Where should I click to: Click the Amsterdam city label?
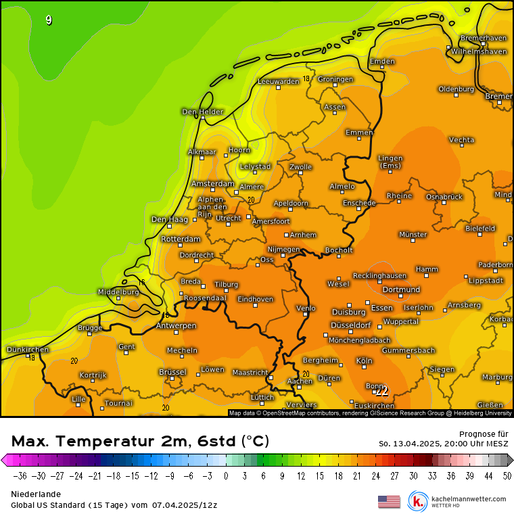coord(212,184)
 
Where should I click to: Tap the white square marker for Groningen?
coord(335,85)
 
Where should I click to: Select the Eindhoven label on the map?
coord(255,299)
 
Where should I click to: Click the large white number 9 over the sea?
coord(49,20)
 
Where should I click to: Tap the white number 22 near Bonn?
coord(382,391)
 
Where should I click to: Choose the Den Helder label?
coord(202,112)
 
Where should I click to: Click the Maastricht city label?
coord(250,372)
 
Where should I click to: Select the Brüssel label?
coord(172,372)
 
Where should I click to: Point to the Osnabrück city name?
coord(444,196)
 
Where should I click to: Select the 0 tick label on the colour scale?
coord(227,475)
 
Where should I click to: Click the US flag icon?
coord(389,501)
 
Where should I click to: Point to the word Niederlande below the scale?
coord(36,494)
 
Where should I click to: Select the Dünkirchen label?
coord(27,350)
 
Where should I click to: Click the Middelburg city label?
coord(118,292)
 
